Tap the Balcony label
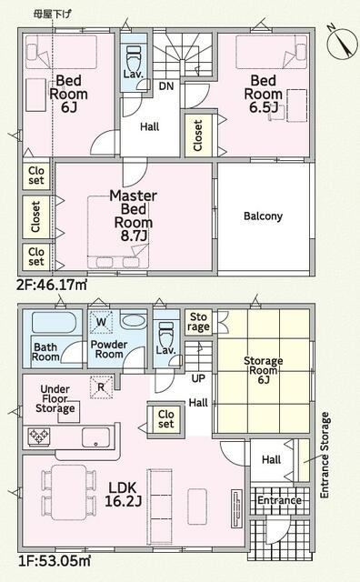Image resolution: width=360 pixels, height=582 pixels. pos(263,216)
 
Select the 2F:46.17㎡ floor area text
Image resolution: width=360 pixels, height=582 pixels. pos(52,285)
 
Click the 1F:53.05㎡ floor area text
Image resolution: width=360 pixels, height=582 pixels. pos(55,560)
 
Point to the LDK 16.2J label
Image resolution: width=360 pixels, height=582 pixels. pos(123,495)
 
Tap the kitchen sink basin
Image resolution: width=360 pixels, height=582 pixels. pos(95,438)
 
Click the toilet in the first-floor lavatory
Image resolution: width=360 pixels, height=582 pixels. pos(165,332)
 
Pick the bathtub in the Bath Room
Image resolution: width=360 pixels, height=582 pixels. pos(55,322)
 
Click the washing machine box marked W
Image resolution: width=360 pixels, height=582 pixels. pos(101,321)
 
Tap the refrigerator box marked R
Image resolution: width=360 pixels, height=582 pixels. pos(101,387)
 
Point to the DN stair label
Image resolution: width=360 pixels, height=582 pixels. pos(166,86)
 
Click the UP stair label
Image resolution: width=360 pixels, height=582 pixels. pos(198,378)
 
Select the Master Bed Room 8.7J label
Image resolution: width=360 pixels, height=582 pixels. pos(134,216)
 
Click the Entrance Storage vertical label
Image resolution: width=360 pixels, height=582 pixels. pos(325,455)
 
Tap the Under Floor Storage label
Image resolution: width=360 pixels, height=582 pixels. pos(55,399)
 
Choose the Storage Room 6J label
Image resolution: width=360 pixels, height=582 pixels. pos(263,370)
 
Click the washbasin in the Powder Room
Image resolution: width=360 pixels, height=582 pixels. pos(134,321)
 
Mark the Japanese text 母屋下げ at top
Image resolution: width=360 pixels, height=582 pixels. pos(52,15)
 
